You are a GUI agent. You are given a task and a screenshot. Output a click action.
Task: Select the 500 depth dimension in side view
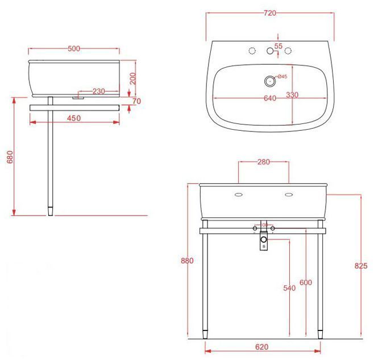point(73,48)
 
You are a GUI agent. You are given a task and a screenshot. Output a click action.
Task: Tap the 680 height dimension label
point(9,157)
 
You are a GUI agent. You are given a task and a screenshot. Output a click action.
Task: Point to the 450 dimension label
point(73,118)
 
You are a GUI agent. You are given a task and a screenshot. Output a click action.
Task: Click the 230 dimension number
point(98,91)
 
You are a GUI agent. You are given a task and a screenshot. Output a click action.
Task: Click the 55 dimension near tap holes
point(279,45)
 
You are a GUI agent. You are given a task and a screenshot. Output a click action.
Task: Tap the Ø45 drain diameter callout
point(281,77)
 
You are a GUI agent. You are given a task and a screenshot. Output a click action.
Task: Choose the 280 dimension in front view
point(263,162)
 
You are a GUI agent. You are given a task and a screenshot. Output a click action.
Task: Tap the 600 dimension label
point(306,283)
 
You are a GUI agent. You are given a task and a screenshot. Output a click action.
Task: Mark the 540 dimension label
point(289,288)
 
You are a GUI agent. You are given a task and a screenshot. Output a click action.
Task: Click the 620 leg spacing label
point(262,346)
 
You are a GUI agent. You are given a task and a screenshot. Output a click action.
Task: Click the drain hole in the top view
point(269,80)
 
